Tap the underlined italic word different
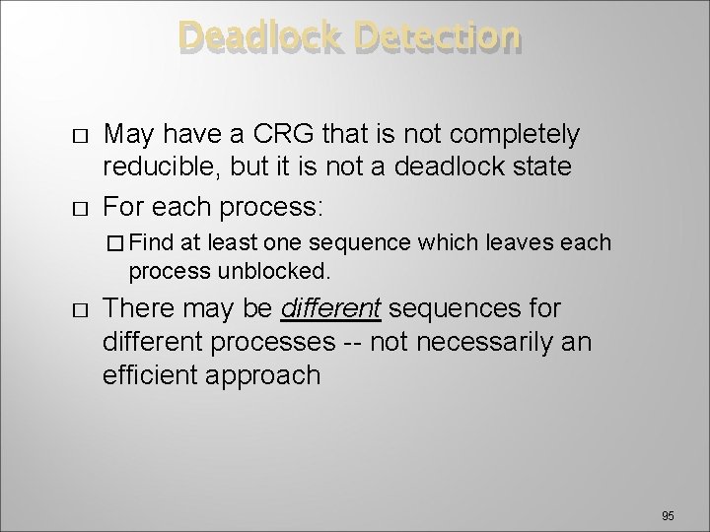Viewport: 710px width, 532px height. pyautogui.click(x=330, y=308)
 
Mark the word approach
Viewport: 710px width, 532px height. pyautogui.click(x=271, y=374)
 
